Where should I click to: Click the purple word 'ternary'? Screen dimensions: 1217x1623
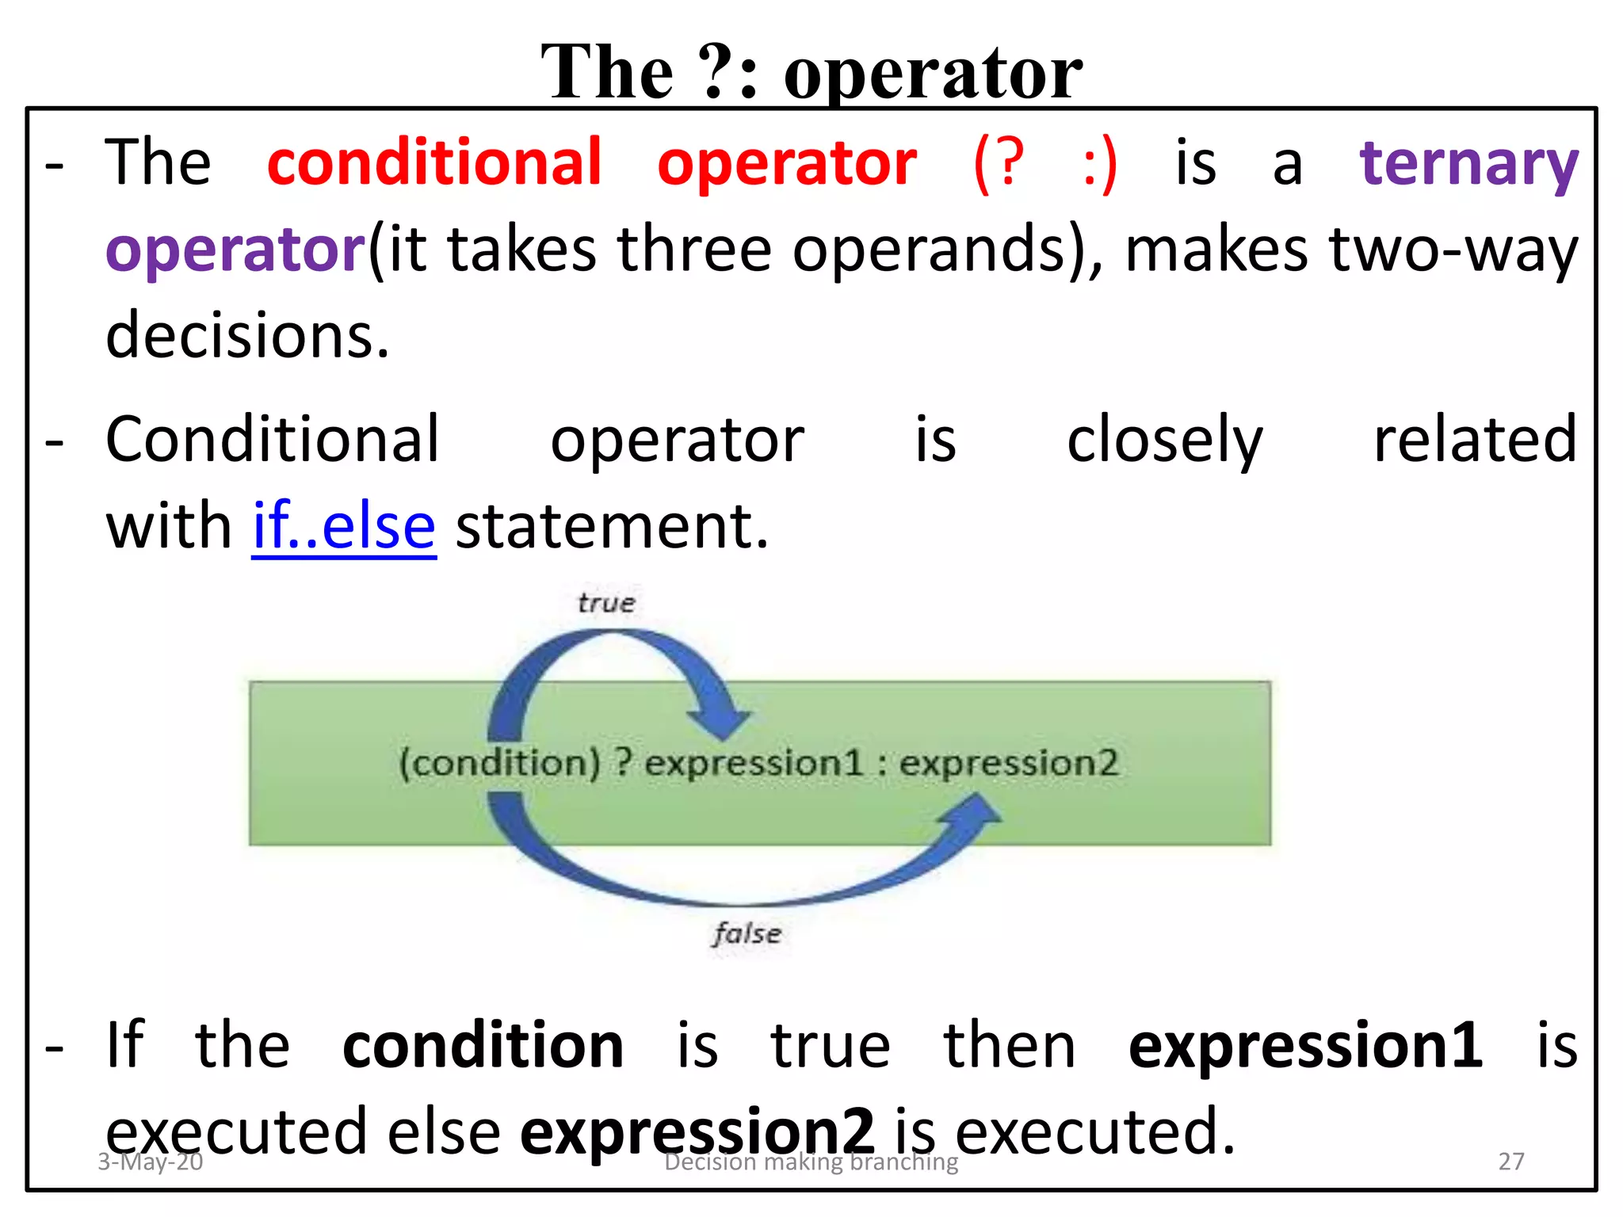1468,165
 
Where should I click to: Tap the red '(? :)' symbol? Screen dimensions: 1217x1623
1044,163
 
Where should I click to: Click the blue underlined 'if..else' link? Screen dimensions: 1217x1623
344,526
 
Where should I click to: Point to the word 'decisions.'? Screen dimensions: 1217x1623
247,335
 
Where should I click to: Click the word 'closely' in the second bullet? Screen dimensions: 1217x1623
1164,441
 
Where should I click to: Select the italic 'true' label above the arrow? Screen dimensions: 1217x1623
606,603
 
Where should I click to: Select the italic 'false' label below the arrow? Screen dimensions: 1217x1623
747,933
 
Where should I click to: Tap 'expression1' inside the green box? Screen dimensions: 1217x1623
753,763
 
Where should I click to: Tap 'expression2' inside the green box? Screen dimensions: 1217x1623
1008,763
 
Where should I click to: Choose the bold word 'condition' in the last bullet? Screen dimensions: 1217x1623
483,1046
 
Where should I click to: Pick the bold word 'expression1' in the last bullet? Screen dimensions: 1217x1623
1304,1046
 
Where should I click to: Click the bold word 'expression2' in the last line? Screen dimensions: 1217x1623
697,1131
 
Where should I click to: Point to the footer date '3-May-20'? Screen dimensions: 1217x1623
150,1162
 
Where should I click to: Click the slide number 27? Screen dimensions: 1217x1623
1510,1162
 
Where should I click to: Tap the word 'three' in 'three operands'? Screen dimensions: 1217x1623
694,250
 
